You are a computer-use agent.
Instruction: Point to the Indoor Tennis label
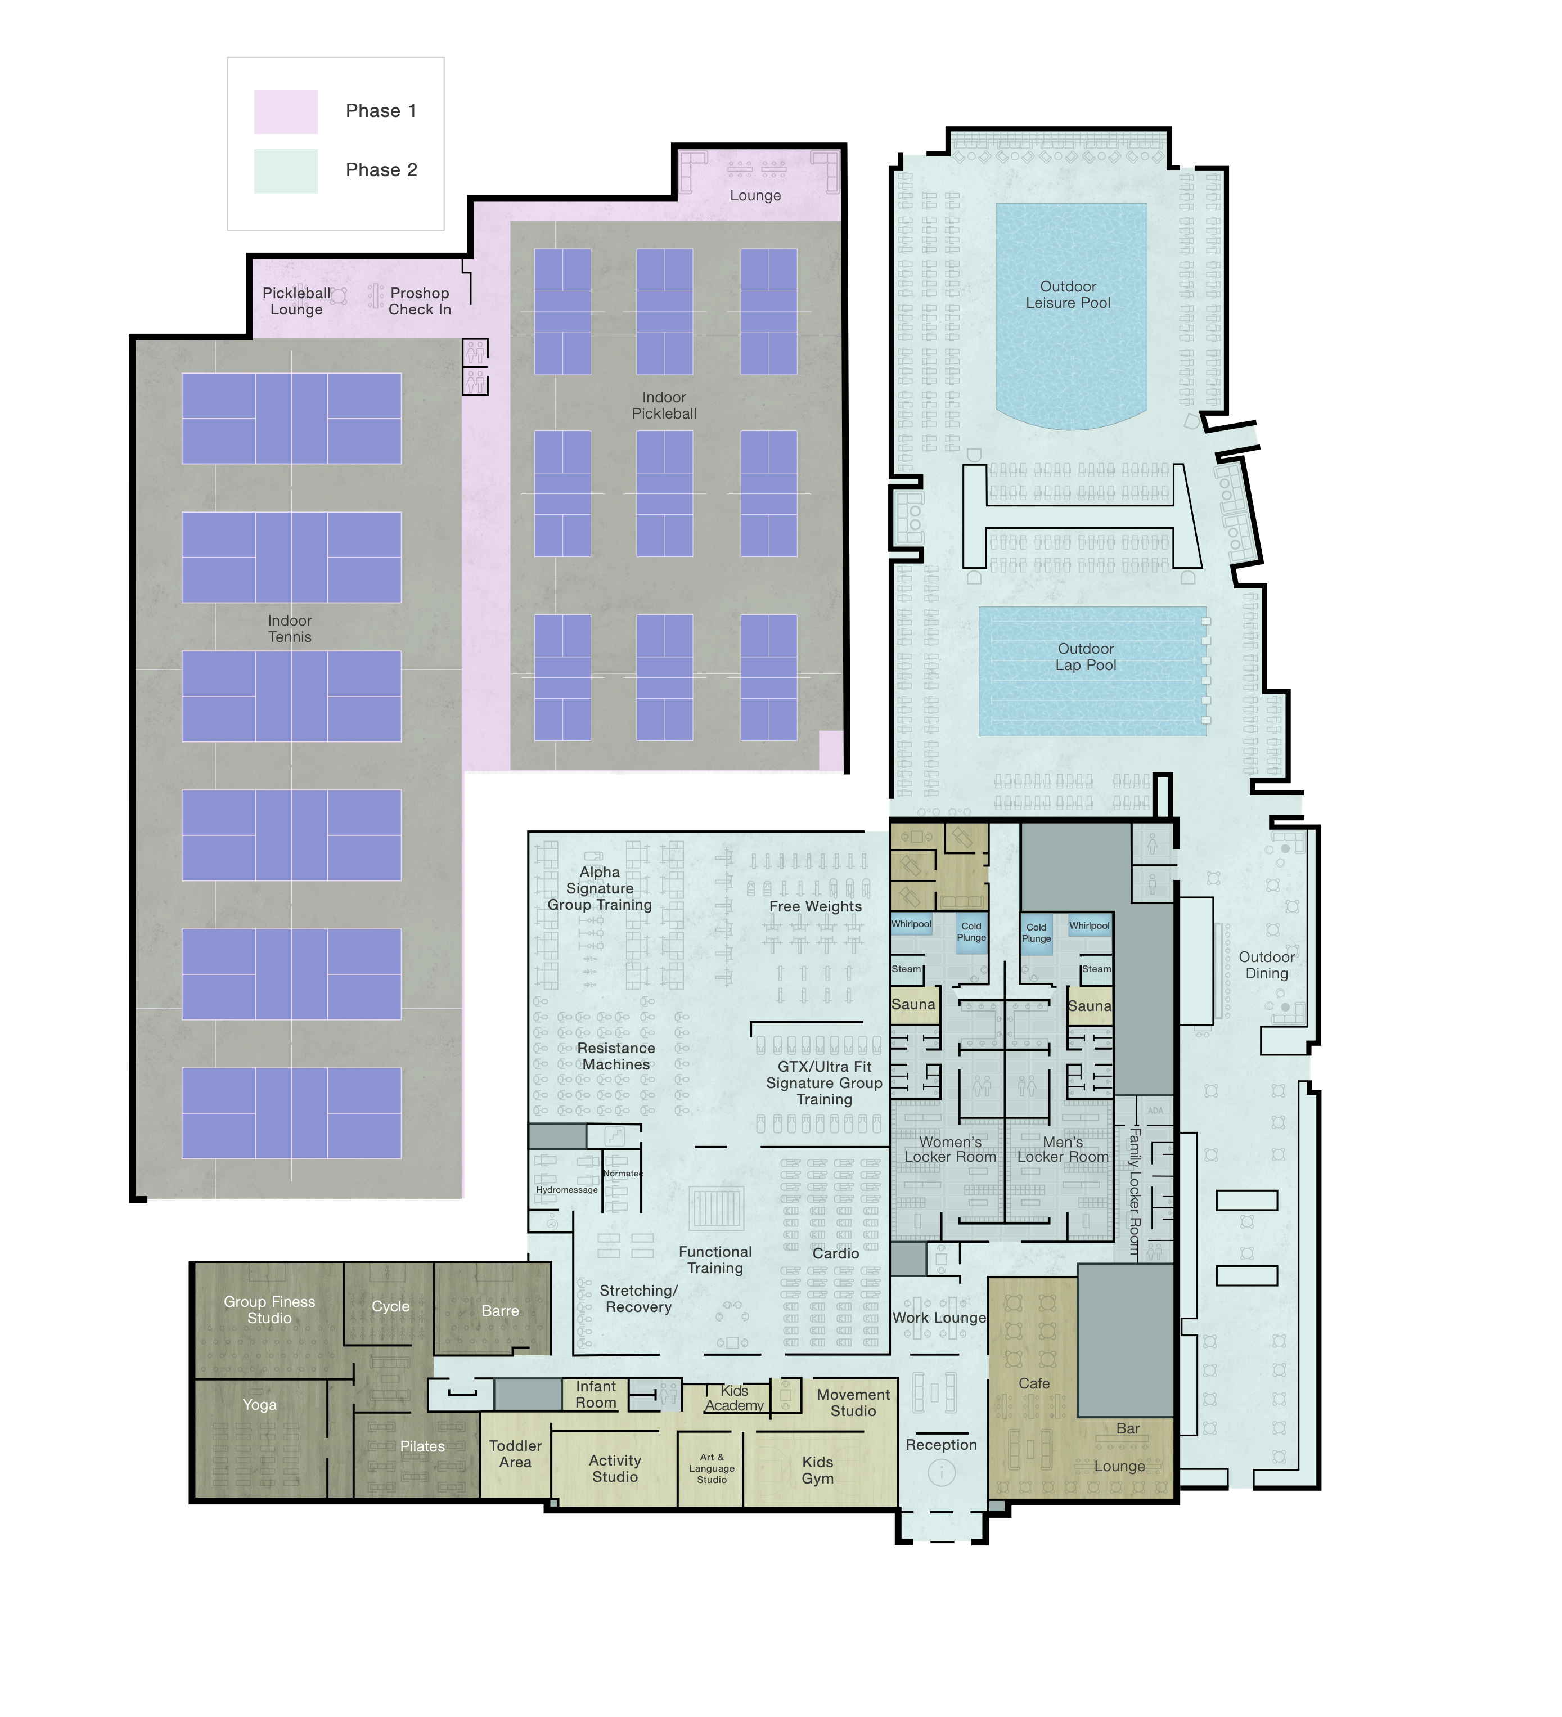click(x=290, y=628)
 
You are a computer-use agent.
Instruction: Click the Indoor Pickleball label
click(x=664, y=406)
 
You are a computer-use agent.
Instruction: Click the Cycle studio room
click(x=389, y=1306)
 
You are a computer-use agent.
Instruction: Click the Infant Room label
click(x=595, y=1394)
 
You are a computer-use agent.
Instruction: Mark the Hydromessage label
click(x=566, y=1190)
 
